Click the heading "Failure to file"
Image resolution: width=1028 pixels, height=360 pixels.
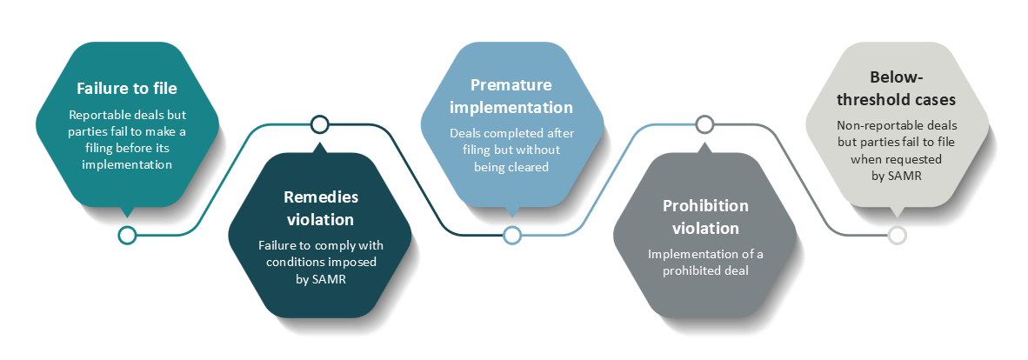126,89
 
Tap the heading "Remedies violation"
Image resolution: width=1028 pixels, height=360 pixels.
320,208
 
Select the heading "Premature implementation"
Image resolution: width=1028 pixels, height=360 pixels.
511,96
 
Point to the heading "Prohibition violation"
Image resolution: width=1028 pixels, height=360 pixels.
705,217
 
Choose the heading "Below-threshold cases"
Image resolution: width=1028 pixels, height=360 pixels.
896,89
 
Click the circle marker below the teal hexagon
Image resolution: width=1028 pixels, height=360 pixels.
127,235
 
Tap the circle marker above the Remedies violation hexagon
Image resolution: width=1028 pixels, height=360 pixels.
319,124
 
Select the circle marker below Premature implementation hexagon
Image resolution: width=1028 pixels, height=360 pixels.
512,235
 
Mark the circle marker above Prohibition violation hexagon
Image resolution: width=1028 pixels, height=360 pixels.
704,124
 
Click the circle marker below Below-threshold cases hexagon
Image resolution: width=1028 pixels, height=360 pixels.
897,235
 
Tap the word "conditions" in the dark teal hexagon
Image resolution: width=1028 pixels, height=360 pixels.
287,262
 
